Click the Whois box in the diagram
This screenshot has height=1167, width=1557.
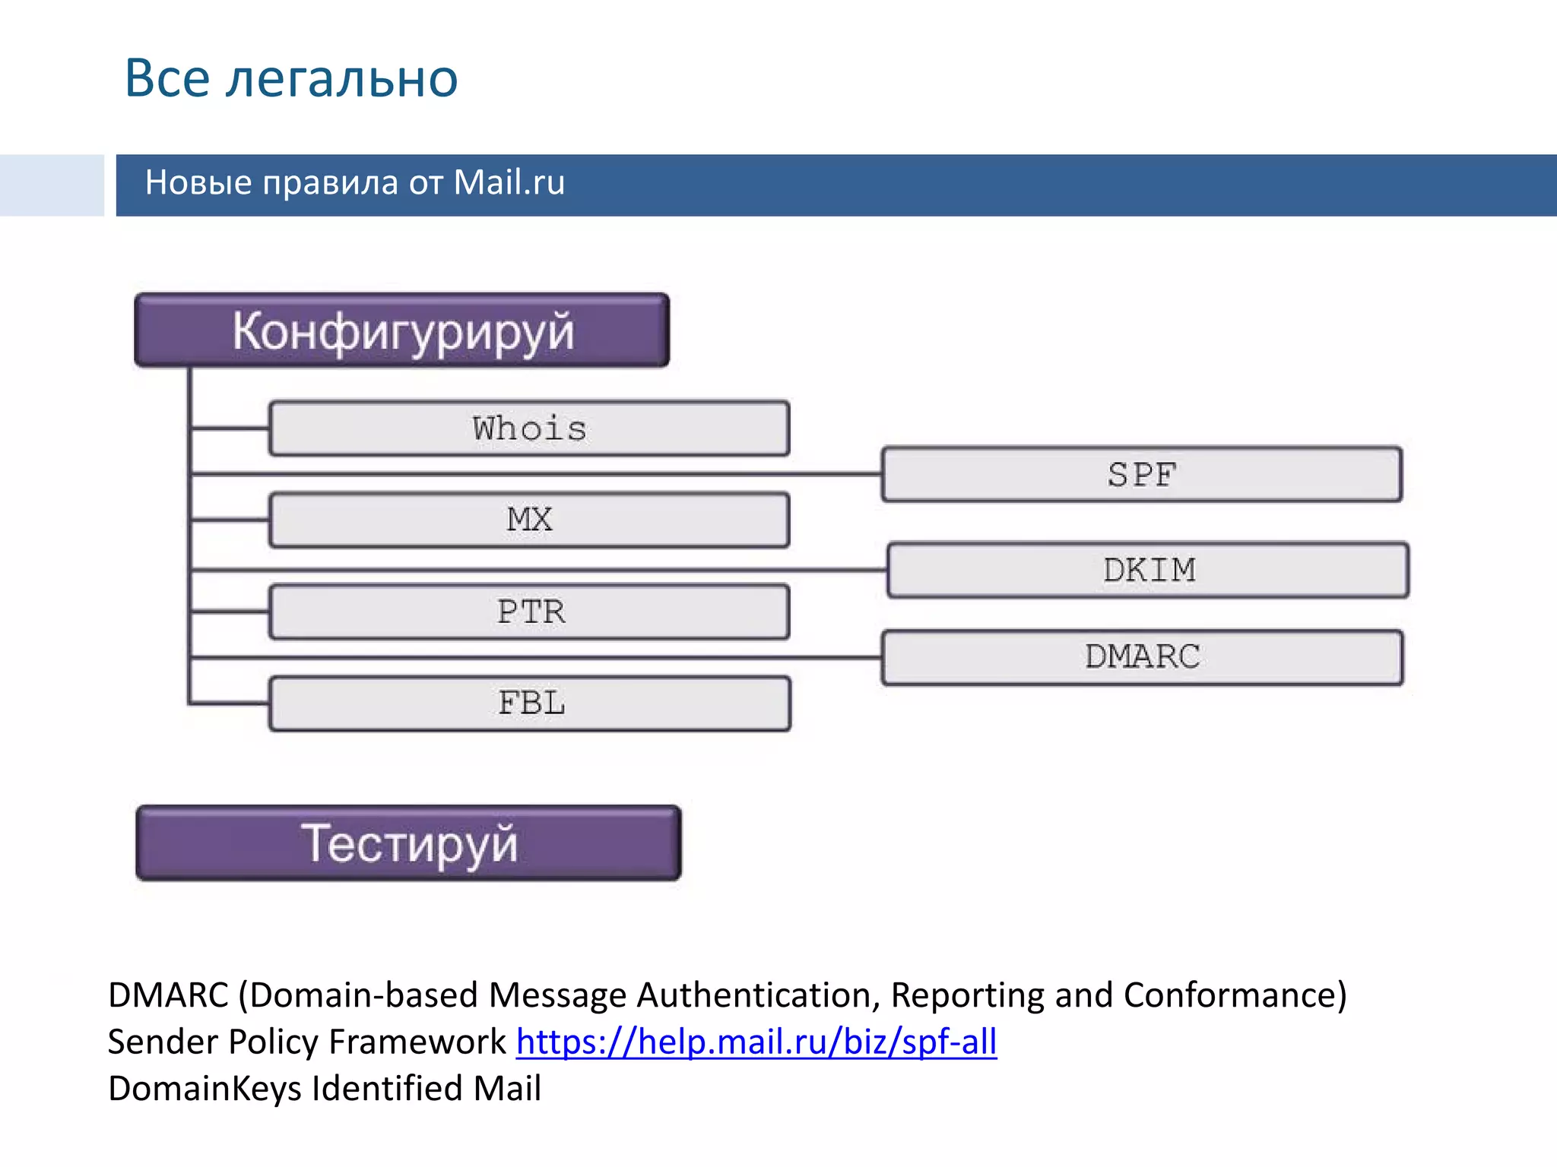tap(529, 429)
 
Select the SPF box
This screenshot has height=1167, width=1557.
tap(1142, 475)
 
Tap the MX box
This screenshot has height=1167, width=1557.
tap(529, 520)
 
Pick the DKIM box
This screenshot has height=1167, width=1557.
tap(1148, 570)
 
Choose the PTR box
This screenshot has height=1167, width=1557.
tap(530, 612)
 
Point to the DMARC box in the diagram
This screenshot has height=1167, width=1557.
tap(1142, 657)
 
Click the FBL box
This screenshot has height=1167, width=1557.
tap(530, 704)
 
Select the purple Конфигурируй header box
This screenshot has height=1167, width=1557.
tap(402, 330)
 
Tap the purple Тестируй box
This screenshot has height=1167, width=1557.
tap(408, 843)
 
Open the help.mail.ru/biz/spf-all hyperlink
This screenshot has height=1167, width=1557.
tap(756, 1042)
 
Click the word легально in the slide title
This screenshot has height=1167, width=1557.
tap(341, 79)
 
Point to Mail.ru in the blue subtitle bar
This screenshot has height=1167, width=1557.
tap(509, 183)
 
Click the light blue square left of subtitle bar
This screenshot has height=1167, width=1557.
tap(52, 185)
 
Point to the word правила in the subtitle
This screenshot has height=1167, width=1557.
tap(331, 183)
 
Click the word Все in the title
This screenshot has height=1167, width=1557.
tap(167, 79)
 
